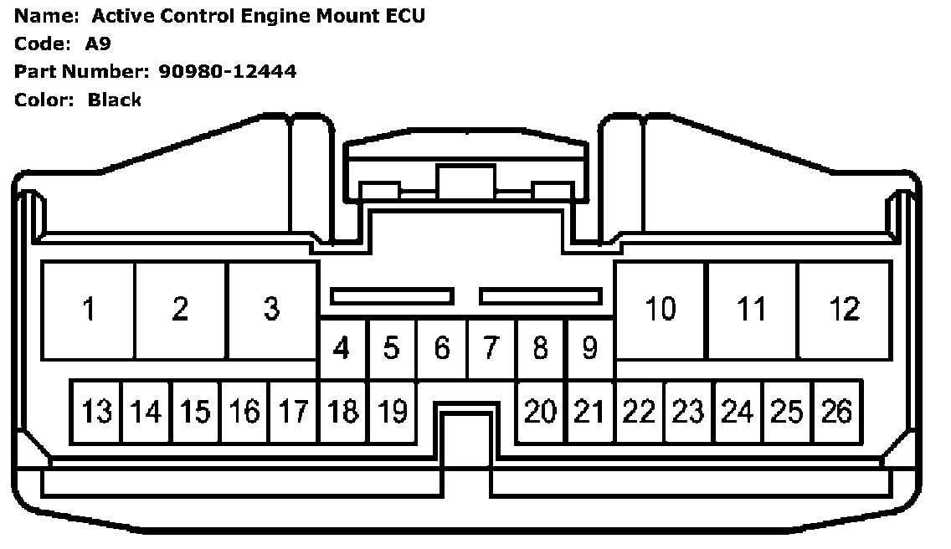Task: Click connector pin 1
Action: [x=88, y=310]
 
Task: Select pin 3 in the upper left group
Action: [x=271, y=310]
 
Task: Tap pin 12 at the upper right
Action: [x=843, y=310]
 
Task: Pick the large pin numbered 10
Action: [x=660, y=310]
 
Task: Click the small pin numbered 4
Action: [x=342, y=348]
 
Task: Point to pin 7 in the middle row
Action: [x=491, y=348]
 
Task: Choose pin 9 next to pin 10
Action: [x=589, y=348]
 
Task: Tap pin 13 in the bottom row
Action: [x=96, y=411]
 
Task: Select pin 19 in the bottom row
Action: [x=392, y=411]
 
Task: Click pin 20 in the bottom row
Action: [x=541, y=411]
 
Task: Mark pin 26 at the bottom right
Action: [x=836, y=411]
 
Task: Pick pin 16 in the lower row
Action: [x=244, y=411]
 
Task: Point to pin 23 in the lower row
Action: [x=688, y=411]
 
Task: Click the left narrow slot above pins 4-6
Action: [x=392, y=296]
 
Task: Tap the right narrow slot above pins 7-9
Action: [x=541, y=296]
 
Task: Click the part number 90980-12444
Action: [x=227, y=72]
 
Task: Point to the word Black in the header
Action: [x=115, y=100]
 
